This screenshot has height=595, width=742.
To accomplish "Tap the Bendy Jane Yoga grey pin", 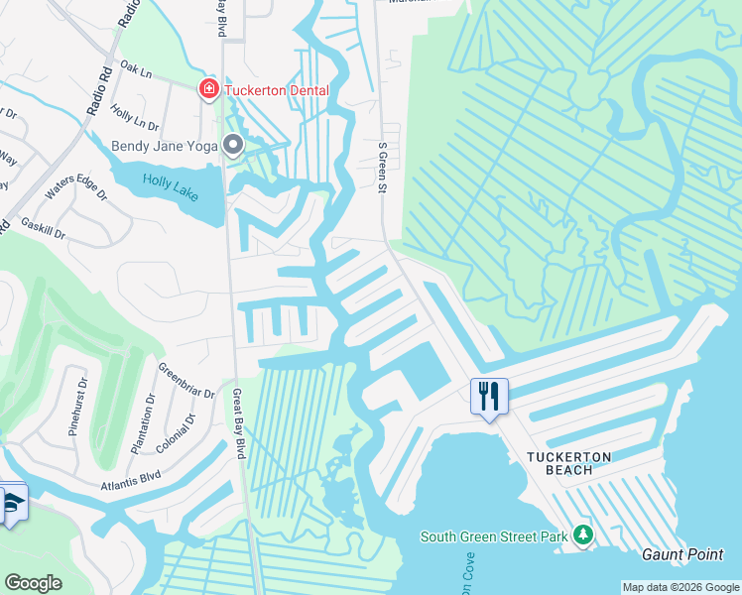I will point(234,146).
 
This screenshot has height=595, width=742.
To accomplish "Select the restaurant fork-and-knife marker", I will point(489,397).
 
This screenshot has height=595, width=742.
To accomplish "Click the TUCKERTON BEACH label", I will point(583,463).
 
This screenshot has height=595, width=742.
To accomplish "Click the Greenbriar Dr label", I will point(186,381).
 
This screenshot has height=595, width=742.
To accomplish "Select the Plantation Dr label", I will point(141,424).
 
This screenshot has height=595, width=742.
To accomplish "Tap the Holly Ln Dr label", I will point(135,118).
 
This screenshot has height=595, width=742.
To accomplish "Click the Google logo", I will point(33,583).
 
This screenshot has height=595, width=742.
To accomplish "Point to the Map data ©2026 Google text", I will point(680,587).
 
